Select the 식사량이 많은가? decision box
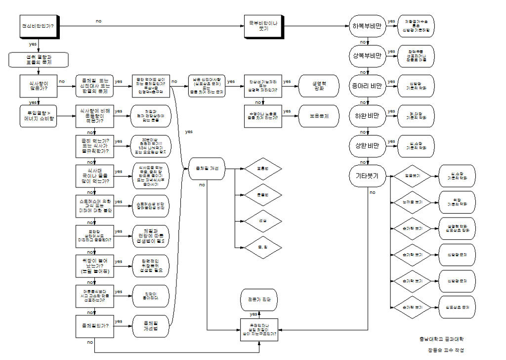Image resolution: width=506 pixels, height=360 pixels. pyautogui.click(x=38, y=88)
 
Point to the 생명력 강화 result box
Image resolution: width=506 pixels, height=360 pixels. pyautogui.click(x=319, y=86)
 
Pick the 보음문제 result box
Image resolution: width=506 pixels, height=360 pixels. pyautogui.click(x=319, y=116)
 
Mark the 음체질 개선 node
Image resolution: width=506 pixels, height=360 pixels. pyautogui.click(x=207, y=169)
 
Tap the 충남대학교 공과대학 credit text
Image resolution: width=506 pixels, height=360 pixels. pyautogui.click(x=442, y=339)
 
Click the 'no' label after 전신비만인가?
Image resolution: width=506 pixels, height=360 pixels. pyautogui.click(x=99, y=21)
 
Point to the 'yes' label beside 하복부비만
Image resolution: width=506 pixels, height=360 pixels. pyautogui.click(x=391, y=21)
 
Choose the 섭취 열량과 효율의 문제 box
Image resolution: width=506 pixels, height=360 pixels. pyautogui.click(x=38, y=60)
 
